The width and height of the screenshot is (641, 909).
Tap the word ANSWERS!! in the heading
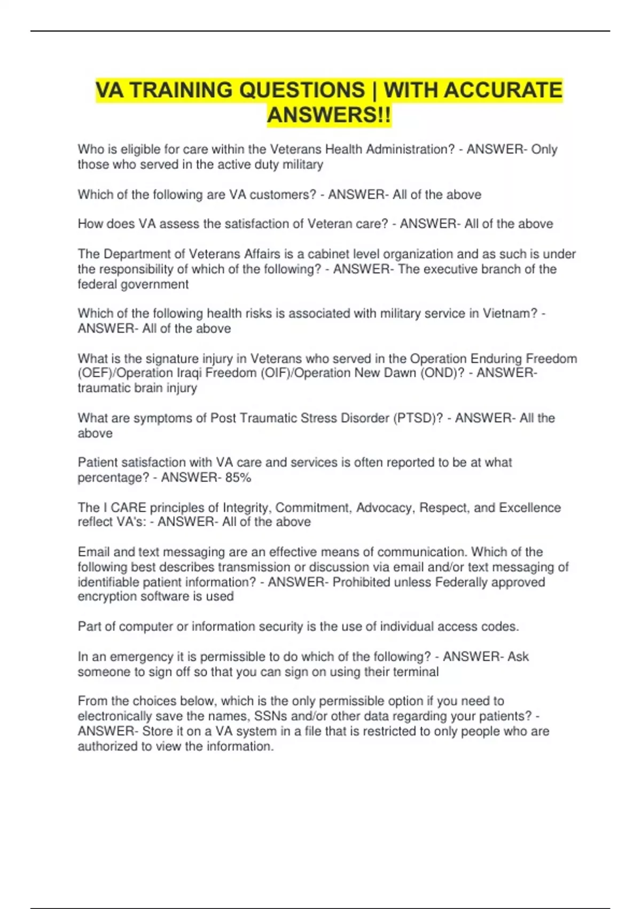click(329, 115)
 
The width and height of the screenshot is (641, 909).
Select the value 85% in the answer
click(238, 477)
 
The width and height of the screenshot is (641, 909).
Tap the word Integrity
click(247, 507)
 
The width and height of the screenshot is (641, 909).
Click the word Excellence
click(529, 507)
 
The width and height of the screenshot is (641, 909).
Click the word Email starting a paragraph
click(94, 552)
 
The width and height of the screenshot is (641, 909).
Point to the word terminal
click(416, 672)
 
